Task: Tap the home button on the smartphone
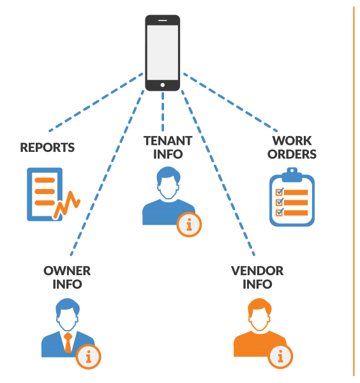click(162, 85)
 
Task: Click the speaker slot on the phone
click(162, 20)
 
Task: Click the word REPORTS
click(47, 147)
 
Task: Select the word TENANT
click(168, 140)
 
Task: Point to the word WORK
click(292, 140)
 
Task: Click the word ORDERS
click(292, 154)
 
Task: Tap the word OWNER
click(67, 271)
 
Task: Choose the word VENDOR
click(257, 271)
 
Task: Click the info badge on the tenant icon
click(189, 225)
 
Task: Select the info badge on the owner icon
click(89, 357)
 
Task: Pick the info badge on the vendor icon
click(280, 357)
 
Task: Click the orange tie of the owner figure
click(68, 342)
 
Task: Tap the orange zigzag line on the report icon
click(67, 205)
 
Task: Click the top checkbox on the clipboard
click(280, 191)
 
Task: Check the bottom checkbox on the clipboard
click(280, 213)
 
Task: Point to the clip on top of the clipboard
click(292, 175)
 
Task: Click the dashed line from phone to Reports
click(96, 102)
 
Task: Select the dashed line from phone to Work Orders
click(230, 102)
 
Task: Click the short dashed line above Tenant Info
click(163, 112)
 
